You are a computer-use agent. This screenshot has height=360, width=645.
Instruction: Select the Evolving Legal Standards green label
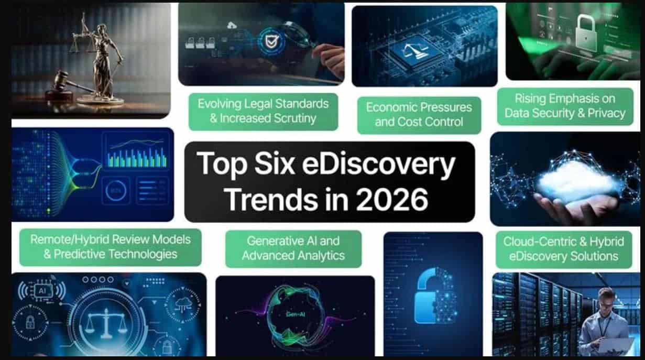click(263, 111)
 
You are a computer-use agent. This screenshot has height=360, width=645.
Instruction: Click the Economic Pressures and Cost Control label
click(419, 115)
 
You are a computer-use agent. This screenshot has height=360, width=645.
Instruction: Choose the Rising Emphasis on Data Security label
click(565, 106)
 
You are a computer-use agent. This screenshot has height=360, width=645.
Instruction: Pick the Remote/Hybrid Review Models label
click(111, 247)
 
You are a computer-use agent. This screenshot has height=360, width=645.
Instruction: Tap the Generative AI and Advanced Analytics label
click(293, 248)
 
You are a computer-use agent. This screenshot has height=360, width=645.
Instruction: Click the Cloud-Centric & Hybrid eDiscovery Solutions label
click(563, 249)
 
